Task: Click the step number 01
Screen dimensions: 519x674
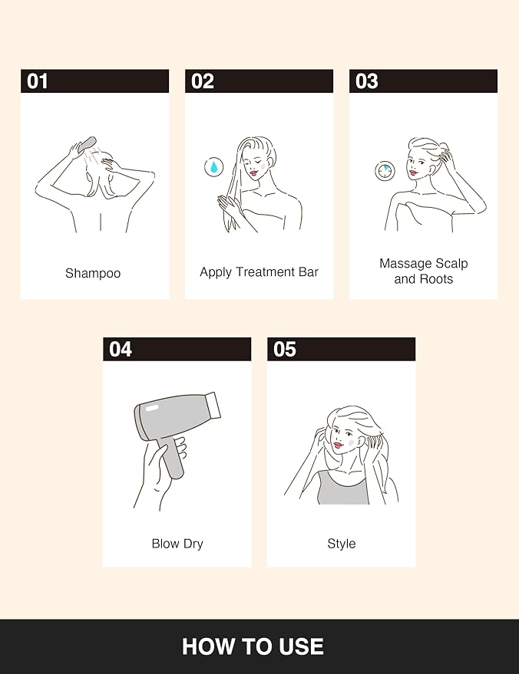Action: [38, 81]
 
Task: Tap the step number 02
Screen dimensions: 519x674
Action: [202, 81]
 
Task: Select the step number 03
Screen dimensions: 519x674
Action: [367, 81]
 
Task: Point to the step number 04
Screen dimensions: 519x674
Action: [121, 349]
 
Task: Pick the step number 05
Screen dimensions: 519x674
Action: [285, 349]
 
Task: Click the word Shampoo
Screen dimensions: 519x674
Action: [93, 274]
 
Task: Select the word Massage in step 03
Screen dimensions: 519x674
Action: [405, 264]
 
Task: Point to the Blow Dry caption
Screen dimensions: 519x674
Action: [177, 544]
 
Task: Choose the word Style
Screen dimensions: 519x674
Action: [342, 544]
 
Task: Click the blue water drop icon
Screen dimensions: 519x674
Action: [214, 166]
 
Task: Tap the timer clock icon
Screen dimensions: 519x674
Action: [385, 171]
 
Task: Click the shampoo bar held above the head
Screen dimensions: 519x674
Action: [88, 143]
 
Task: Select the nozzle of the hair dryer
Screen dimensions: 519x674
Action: [213, 405]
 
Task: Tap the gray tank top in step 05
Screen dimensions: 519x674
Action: [343, 488]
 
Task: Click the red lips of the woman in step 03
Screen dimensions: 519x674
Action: [414, 173]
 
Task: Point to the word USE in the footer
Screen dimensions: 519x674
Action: [301, 646]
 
